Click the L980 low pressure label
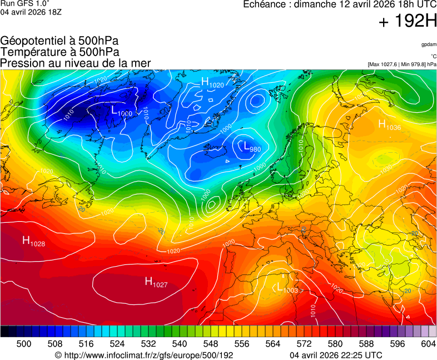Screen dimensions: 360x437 [252, 147]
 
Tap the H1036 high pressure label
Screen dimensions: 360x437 [389, 125]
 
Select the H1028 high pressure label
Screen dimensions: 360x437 [33, 241]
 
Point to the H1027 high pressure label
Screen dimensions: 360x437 [156, 282]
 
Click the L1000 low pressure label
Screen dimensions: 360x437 [122, 111]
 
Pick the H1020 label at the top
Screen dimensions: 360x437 [212, 83]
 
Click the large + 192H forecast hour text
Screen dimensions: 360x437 [408, 22]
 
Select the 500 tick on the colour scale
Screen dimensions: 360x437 [24, 344]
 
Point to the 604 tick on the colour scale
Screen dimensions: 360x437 [428, 344]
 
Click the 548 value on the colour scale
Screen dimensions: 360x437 [226, 344]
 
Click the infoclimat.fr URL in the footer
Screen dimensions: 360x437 [144, 355]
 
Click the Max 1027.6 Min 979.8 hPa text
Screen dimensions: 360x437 [402, 64]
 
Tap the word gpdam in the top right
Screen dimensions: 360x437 [428, 44]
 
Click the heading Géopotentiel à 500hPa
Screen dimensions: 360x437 [59, 41]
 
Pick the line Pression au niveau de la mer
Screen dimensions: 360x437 [76, 63]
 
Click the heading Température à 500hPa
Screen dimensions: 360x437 [60, 52]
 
